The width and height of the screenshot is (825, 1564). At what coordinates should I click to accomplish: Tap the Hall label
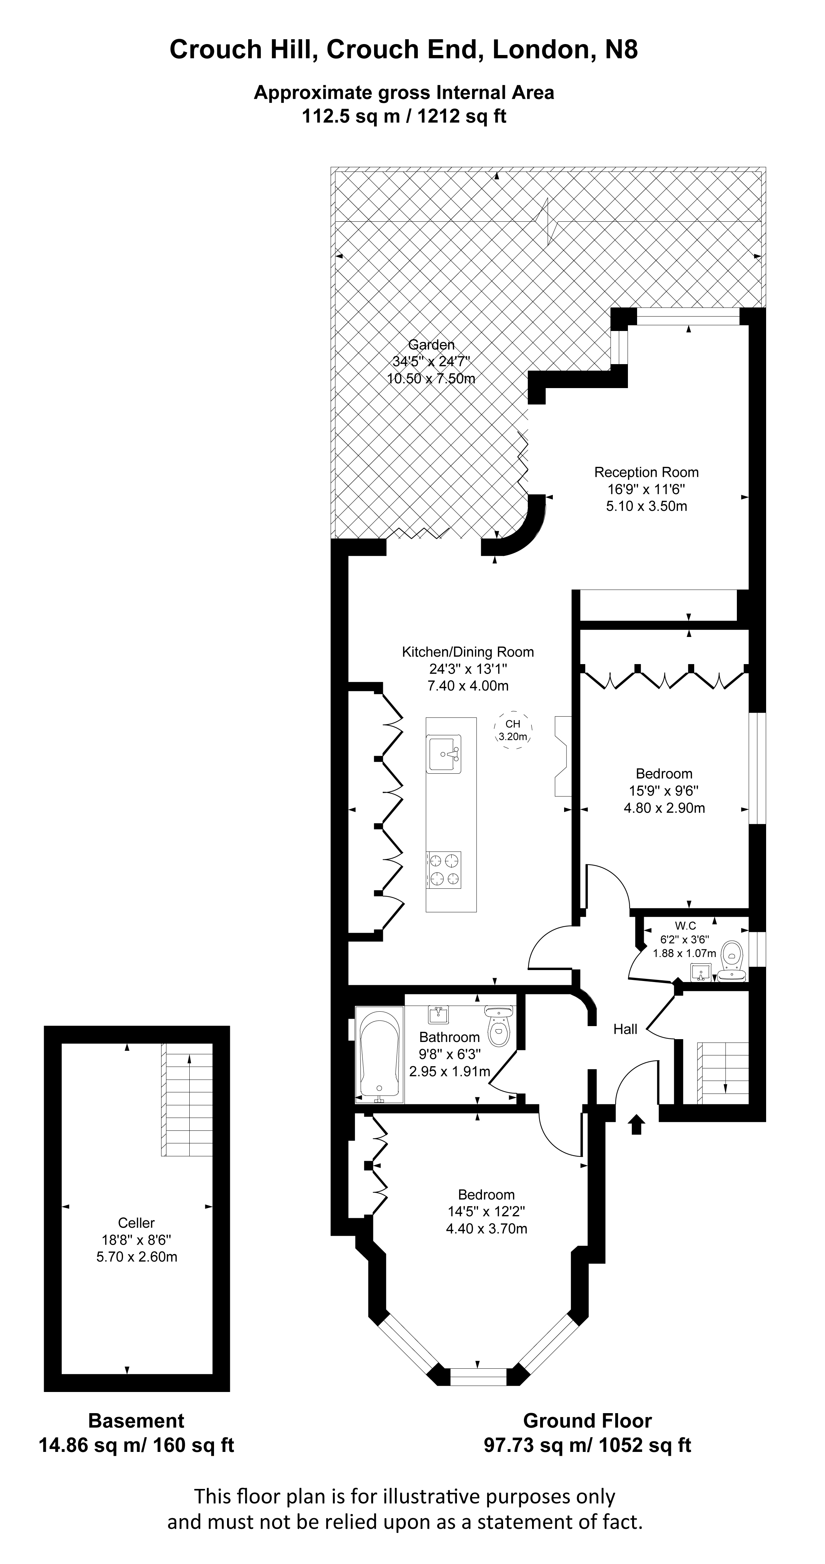[x=625, y=1029]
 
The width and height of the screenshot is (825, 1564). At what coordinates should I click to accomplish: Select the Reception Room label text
[x=646, y=472]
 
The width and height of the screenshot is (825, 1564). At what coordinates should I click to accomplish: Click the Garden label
[x=431, y=345]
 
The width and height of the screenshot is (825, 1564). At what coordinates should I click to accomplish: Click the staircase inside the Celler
[x=188, y=1099]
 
